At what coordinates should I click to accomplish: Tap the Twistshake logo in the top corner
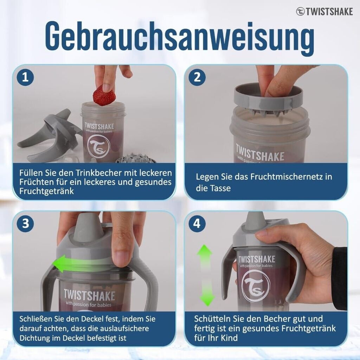(x=324, y=12)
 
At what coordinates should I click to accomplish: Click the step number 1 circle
(x=25, y=77)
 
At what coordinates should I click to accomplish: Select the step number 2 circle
(x=197, y=77)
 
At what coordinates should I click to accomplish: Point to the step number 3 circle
(x=25, y=223)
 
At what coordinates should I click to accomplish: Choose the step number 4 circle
(x=197, y=223)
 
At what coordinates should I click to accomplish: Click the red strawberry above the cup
(x=104, y=96)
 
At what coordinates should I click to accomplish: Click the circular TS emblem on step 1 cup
(x=99, y=147)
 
